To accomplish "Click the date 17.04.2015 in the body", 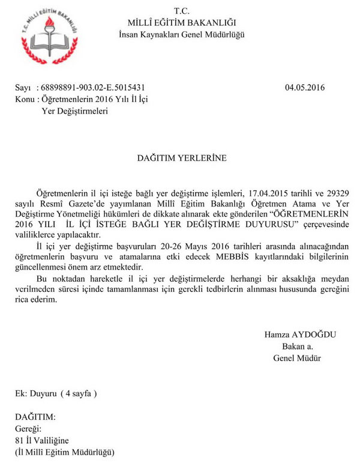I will click(x=268, y=193).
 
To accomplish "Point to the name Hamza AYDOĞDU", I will click(x=292, y=334).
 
